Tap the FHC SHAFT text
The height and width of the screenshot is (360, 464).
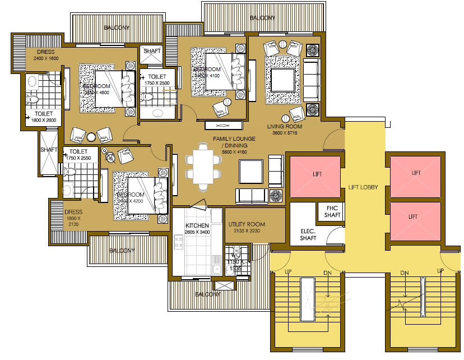[332, 211]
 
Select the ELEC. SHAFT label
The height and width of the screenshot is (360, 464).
[308, 234]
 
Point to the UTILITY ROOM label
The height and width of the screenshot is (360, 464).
[247, 227]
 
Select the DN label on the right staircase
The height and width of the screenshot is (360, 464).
[403, 273]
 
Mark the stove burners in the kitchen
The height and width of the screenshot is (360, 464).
[179, 242]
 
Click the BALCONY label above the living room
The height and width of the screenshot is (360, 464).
[262, 18]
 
